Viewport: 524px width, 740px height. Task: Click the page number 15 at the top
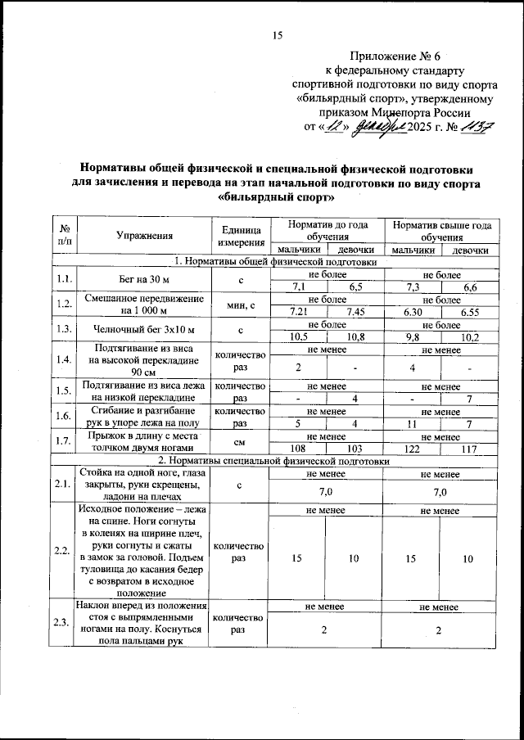[277, 35]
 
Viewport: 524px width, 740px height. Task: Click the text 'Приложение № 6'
[395, 56]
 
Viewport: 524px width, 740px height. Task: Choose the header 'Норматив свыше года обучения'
[441, 230]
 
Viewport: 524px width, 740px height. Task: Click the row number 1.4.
[61, 359]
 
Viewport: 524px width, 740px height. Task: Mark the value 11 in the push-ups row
[413, 423]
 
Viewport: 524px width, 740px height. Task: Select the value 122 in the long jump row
[413, 449]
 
